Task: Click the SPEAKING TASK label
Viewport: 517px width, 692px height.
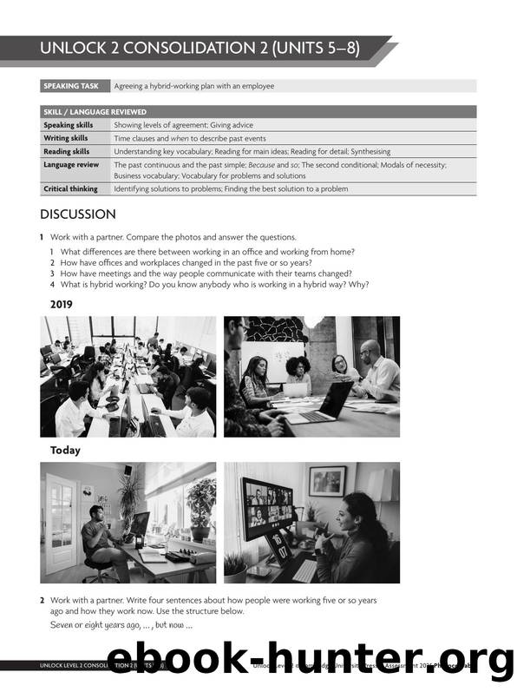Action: pos(74,86)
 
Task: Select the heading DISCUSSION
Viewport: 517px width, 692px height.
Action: pos(77,214)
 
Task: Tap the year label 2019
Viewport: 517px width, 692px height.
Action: pos(62,304)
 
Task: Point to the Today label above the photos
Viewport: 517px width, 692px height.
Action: pos(65,450)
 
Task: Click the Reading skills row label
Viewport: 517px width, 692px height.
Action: pos(67,151)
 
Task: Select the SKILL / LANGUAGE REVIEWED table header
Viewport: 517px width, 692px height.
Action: pos(95,112)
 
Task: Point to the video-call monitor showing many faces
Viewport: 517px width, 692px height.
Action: pos(268,504)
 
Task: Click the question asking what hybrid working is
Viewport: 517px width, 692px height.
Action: pos(209,285)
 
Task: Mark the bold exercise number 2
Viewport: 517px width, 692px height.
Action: pos(42,600)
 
